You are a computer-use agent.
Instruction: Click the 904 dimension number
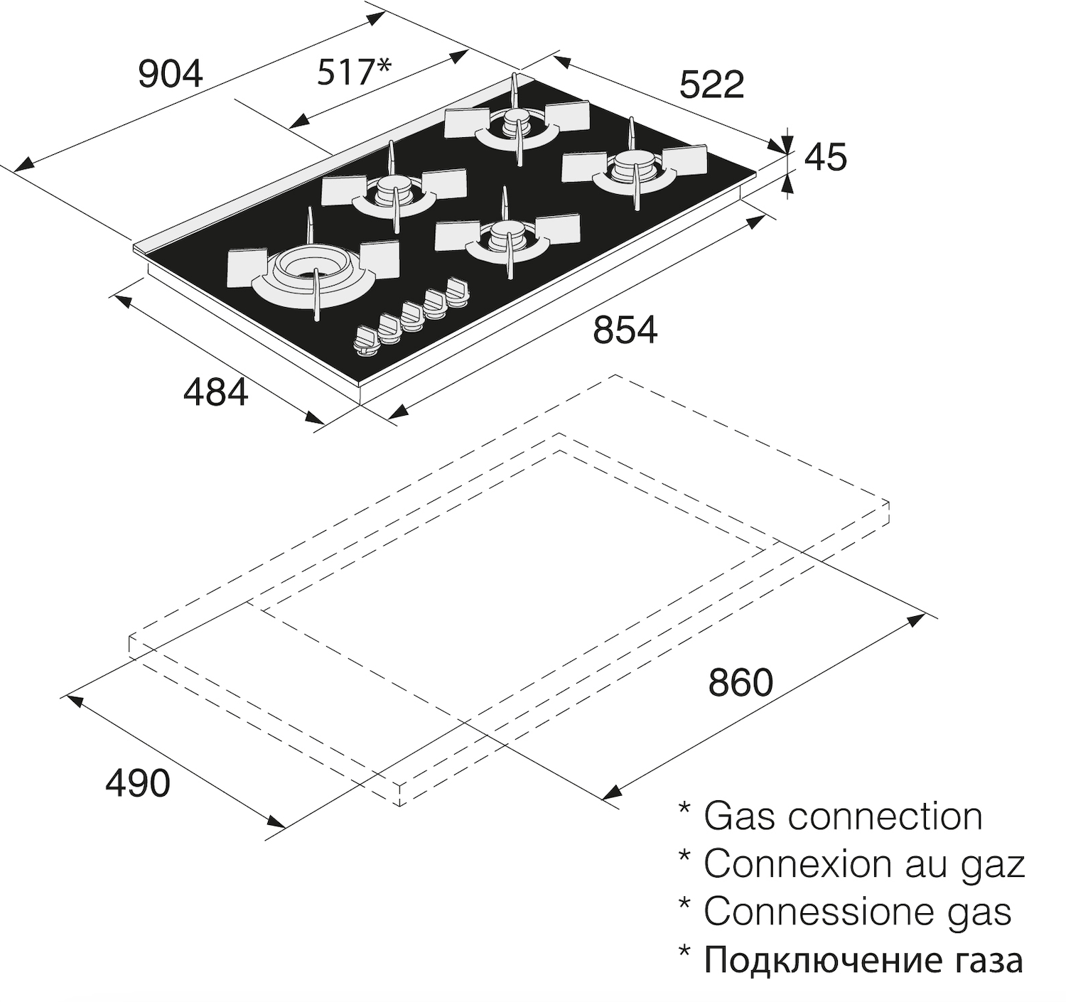171,74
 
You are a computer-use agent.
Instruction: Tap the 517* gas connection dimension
353,72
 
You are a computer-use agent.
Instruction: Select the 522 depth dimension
711,85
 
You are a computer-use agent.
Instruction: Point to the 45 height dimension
825,158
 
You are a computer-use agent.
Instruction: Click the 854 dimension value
625,330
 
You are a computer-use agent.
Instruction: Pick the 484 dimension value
216,392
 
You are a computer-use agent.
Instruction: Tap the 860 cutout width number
740,683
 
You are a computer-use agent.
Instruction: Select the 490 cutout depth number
138,783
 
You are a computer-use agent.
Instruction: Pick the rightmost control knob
456,290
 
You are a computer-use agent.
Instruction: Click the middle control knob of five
411,313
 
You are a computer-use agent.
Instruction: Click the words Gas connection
843,816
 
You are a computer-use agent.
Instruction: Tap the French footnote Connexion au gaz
864,863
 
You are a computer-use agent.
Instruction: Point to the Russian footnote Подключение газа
863,960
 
